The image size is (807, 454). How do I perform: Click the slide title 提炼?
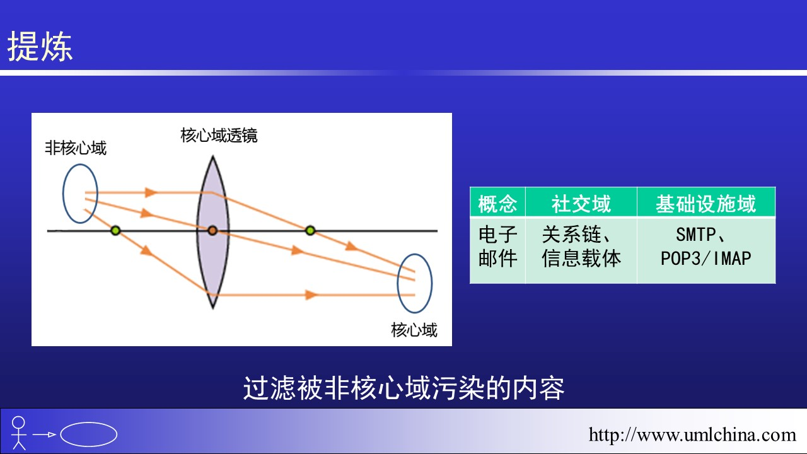(x=40, y=46)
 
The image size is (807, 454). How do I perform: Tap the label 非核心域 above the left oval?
(x=76, y=148)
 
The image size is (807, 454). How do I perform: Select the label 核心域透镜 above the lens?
(x=219, y=136)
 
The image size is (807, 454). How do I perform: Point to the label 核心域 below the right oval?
(x=414, y=330)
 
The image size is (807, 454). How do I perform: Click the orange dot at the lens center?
(x=212, y=231)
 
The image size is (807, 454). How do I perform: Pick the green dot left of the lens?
(x=115, y=231)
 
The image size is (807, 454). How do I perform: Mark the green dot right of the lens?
(x=310, y=231)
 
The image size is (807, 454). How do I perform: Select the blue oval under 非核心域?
(x=64, y=194)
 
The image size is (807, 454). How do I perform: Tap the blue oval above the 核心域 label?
(x=398, y=283)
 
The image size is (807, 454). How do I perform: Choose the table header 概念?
(x=497, y=204)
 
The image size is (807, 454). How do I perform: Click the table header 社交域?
(x=581, y=204)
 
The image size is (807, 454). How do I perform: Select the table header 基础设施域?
(x=705, y=204)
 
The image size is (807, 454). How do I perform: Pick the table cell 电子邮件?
(x=498, y=247)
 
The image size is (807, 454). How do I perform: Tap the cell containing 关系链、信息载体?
(x=581, y=247)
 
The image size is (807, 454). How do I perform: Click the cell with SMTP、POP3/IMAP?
(x=705, y=247)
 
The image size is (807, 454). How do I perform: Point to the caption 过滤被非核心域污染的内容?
(x=403, y=388)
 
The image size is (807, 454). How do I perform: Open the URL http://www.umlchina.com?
(x=692, y=434)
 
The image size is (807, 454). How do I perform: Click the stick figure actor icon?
(x=18, y=433)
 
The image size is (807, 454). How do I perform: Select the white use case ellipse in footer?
(x=89, y=422)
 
